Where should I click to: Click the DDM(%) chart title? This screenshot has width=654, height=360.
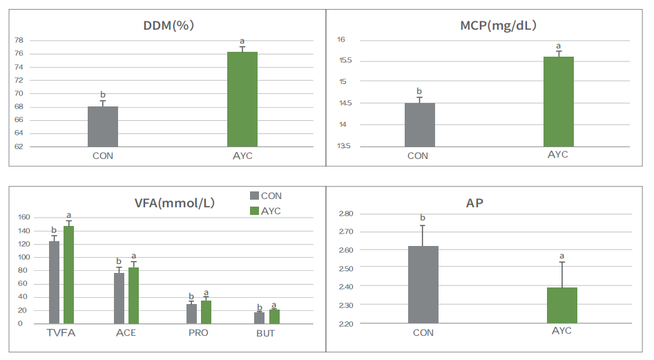click(167, 26)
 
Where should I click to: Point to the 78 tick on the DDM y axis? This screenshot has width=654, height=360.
click(19, 41)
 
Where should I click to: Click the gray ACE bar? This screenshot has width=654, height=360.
click(119, 298)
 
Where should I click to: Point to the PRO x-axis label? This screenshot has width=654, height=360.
click(197, 333)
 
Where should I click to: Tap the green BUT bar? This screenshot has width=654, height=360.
click(274, 316)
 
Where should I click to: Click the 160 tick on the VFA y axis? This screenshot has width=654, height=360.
click(24, 217)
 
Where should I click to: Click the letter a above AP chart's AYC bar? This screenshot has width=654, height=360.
click(561, 256)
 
